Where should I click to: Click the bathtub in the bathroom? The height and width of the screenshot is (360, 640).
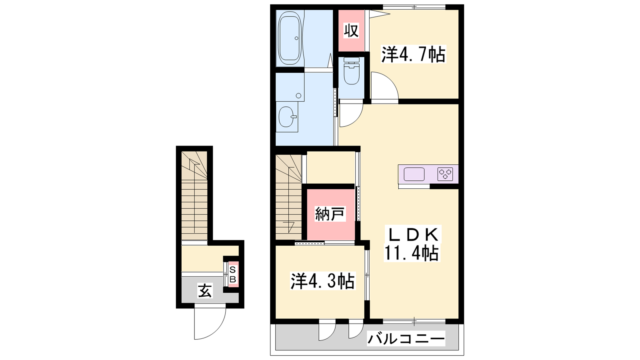click(290, 38)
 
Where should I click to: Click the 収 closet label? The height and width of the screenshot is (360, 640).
click(351, 31)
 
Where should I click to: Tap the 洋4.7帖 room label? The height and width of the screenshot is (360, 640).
click(413, 54)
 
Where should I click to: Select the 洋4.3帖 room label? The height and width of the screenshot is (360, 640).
click(322, 281)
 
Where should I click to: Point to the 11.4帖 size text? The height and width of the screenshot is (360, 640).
click(411, 253)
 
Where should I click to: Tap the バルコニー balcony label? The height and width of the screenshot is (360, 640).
click(406, 339)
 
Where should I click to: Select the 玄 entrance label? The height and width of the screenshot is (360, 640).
click(204, 291)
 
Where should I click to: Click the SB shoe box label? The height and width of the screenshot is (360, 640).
click(233, 274)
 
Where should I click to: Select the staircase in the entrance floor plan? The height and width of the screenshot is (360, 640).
click(194, 196)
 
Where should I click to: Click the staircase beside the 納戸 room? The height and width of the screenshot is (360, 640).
click(288, 197)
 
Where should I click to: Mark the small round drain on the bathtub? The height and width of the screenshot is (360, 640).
click(296, 38)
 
